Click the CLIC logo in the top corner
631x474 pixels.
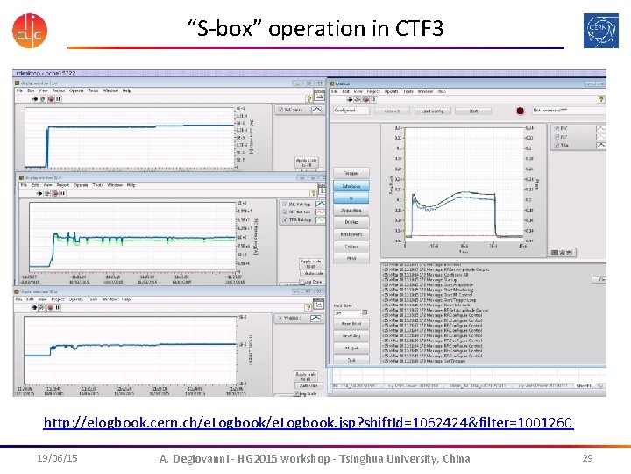[x=30, y=29]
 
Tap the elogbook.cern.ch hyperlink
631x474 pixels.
[x=308, y=423]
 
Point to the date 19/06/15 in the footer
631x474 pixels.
[x=57, y=458]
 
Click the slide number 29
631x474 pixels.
[x=587, y=458]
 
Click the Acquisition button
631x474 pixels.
[x=351, y=210]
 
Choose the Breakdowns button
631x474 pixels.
[x=351, y=234]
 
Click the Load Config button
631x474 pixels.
[x=432, y=111]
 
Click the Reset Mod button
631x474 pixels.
[x=351, y=324]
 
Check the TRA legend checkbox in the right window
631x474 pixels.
[x=558, y=146]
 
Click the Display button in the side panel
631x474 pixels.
[x=351, y=222]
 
